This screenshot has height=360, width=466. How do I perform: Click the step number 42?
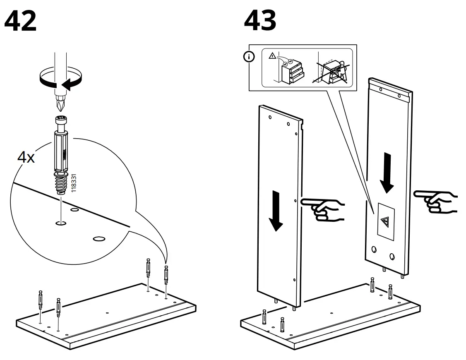(21, 22)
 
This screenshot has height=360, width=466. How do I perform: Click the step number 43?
(260, 21)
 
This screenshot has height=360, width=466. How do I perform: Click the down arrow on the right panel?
(387, 173)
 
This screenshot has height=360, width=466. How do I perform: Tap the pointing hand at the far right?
(435, 202)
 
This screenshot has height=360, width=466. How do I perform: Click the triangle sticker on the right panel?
(385, 222)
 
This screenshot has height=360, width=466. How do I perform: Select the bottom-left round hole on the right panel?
(374, 250)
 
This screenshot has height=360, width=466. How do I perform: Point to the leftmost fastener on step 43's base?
(264, 318)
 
